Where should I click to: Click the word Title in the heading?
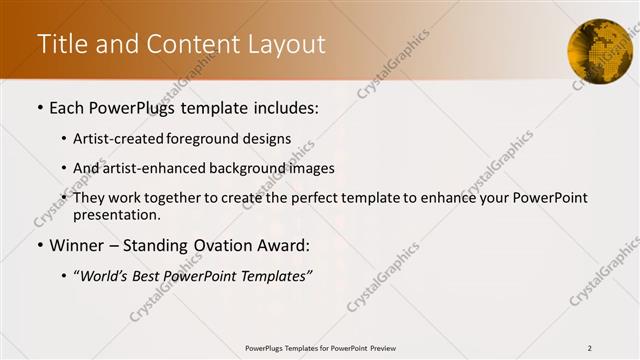pos(60,45)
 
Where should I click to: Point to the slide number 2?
pos(589,348)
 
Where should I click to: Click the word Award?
pos(282,245)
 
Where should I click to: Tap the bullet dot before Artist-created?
pos(64,139)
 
